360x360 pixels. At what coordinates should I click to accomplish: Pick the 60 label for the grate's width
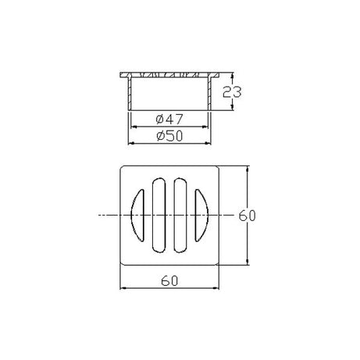point(169,277)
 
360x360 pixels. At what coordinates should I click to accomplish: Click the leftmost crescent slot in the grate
point(133,215)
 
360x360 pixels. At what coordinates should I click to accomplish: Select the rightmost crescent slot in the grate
point(203,215)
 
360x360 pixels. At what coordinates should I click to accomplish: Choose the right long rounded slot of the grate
point(180,215)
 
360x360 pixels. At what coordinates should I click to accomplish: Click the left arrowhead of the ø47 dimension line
point(132,127)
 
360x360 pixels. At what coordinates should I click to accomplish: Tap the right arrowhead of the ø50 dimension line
point(212,144)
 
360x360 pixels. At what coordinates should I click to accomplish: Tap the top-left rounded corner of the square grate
point(123,168)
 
